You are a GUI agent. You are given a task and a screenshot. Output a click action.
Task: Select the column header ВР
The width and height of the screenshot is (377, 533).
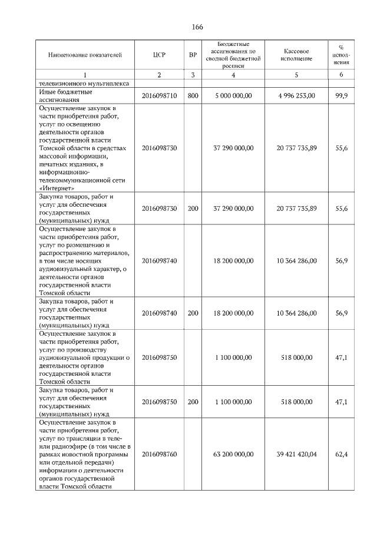coord(193,55)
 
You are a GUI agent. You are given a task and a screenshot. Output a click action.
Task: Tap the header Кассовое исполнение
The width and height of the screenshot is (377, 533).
coord(296,55)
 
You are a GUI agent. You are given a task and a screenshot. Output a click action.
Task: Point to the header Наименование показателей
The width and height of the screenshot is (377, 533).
coord(85,55)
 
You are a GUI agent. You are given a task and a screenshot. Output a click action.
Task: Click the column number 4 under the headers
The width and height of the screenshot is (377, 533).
coord(233,75)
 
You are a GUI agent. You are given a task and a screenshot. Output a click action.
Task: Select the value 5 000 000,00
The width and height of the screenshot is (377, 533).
coord(234,95)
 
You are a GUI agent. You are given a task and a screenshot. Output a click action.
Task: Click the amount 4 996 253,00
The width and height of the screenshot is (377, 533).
coord(296,95)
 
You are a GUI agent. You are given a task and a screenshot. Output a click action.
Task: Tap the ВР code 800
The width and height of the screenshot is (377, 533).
coord(193,95)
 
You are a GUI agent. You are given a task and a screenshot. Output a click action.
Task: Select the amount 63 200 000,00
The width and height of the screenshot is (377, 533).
coord(233,454)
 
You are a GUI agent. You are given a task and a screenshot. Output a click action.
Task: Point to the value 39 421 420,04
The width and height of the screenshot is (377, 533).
coord(296,454)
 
